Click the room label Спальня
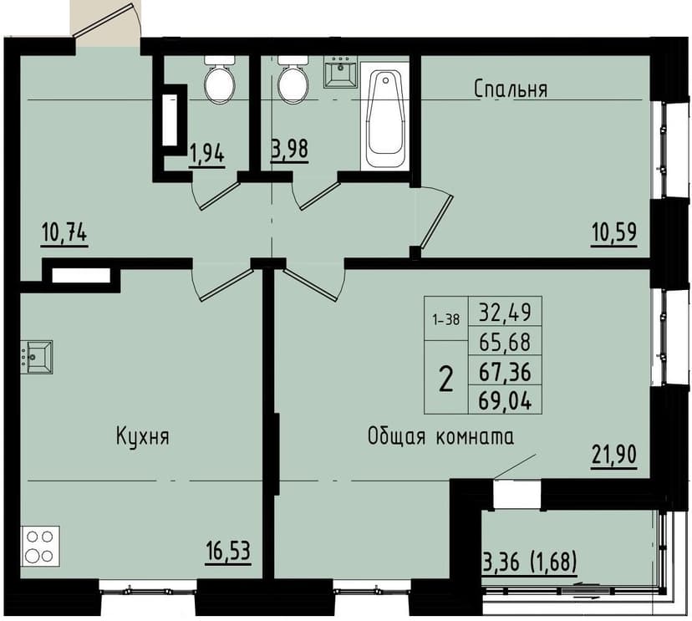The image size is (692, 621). point(510,89)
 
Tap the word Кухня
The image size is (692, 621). point(142,436)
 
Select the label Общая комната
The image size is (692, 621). point(440,436)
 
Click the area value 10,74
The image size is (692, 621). point(64,232)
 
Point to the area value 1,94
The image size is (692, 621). point(206,154)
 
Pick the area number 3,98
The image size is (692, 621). point(290,149)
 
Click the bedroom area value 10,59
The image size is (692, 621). point(613,232)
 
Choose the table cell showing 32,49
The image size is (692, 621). point(505,313)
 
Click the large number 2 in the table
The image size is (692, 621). point(446,379)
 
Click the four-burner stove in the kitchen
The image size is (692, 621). point(38,546)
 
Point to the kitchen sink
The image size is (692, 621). point(37,357)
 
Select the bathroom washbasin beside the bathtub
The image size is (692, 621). point(342,73)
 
